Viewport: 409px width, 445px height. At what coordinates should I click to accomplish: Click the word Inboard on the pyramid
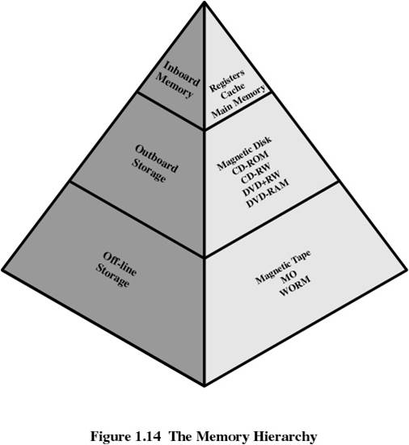click(x=182, y=73)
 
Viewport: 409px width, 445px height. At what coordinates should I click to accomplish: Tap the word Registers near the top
click(x=226, y=80)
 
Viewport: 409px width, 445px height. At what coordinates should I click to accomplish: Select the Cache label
click(x=233, y=90)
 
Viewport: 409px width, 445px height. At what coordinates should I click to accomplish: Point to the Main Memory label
click(x=238, y=101)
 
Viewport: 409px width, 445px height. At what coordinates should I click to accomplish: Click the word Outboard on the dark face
click(x=157, y=158)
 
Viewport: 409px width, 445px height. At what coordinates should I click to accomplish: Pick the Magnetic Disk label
click(x=244, y=153)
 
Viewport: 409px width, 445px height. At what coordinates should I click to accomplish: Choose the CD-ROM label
click(x=250, y=162)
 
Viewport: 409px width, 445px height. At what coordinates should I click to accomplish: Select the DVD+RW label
click(x=261, y=183)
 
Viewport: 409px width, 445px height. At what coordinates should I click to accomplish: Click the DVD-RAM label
click(x=268, y=193)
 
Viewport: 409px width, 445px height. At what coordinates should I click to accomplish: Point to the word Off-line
click(x=120, y=264)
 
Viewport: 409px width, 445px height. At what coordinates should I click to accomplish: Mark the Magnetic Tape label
click(x=283, y=267)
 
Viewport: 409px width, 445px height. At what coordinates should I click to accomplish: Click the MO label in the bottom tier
click(x=289, y=275)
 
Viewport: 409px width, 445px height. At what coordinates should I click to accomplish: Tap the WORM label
click(x=295, y=287)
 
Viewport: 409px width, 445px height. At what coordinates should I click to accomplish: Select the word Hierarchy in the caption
click(x=285, y=437)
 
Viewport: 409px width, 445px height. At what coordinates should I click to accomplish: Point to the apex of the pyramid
click(x=204, y=2)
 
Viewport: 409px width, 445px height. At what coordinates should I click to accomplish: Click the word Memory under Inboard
click(x=174, y=86)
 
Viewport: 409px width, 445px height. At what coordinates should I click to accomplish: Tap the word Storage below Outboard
click(x=149, y=171)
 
